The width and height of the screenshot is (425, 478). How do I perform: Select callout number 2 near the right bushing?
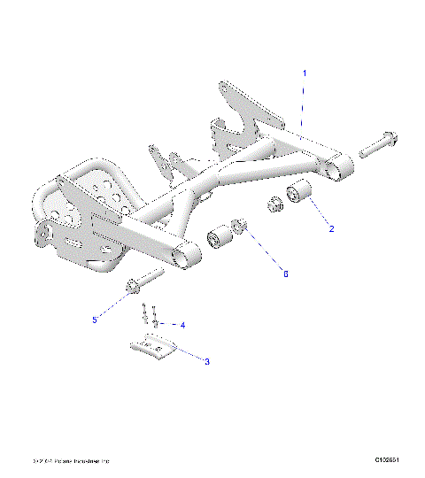click(331, 229)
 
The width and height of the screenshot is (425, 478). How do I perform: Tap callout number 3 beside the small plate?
click(206, 361)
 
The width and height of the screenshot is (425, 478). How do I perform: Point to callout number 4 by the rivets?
click(182, 325)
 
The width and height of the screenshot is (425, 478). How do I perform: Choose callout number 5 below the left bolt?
click(95, 319)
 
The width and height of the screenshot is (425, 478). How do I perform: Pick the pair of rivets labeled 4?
click(147, 316)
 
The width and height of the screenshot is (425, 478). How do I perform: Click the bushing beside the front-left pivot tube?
click(217, 240)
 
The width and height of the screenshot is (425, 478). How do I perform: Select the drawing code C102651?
click(390, 460)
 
